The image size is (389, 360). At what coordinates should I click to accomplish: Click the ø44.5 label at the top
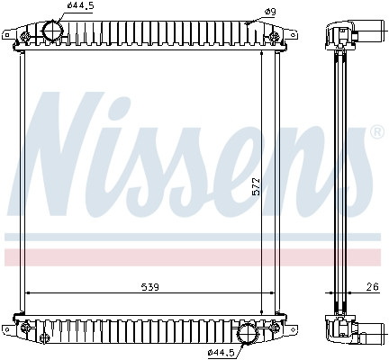click(80, 5)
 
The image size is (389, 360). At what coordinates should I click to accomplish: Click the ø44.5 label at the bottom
click(221, 353)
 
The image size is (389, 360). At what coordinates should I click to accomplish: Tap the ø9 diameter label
click(270, 12)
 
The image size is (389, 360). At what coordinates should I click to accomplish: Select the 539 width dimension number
click(149, 287)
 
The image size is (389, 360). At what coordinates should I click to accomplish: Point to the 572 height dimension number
click(256, 186)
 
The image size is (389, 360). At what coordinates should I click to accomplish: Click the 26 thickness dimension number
click(373, 287)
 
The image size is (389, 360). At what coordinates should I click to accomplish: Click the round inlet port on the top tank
click(52, 31)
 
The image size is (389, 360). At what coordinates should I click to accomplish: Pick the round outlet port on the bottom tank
click(249, 334)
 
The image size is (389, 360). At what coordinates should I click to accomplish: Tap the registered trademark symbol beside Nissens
click(377, 132)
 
